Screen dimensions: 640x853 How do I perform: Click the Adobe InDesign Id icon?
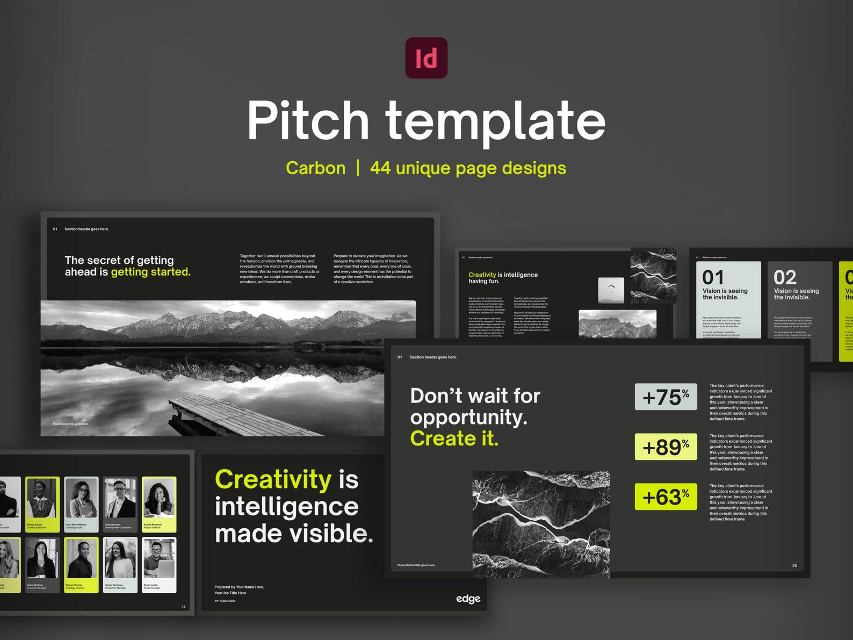pos(426,58)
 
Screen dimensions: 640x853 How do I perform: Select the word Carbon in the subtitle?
pos(315,168)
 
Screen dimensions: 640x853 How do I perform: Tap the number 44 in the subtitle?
pos(380,168)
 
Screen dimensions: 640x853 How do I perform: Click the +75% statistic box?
pos(666,397)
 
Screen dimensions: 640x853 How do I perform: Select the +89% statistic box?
pos(666,447)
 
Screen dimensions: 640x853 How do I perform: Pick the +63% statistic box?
pos(666,497)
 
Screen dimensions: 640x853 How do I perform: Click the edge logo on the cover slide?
pos(468,599)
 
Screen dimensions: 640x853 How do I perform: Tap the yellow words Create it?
pos(454,438)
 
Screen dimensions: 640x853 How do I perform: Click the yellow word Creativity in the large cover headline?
pos(273,479)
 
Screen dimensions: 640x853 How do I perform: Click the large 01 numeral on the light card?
pos(713,278)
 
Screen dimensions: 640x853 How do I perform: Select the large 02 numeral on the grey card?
pos(785,278)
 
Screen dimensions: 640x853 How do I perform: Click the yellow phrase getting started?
pos(150,272)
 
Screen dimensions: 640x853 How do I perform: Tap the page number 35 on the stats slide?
pos(794,565)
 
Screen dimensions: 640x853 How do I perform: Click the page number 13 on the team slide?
pos(183,607)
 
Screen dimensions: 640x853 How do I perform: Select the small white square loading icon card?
pos(611,290)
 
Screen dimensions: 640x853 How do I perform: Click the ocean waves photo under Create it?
pos(540,524)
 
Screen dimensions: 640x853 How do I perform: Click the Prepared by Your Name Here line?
pos(239,587)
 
